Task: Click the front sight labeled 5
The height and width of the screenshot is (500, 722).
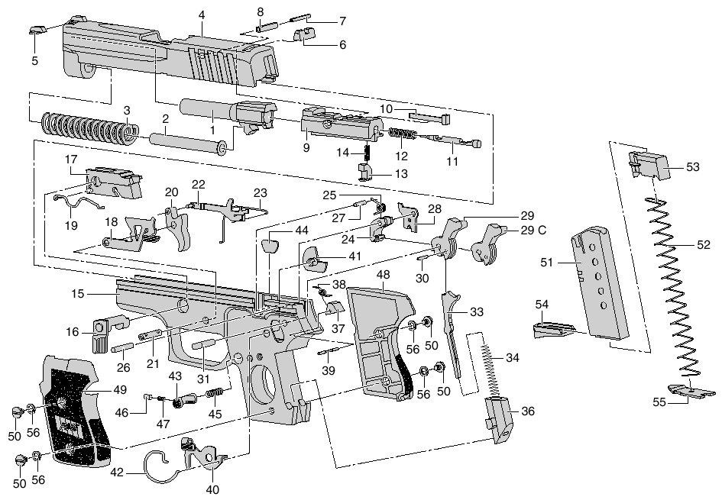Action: point(35,30)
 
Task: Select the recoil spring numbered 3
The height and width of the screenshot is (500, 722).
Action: point(89,127)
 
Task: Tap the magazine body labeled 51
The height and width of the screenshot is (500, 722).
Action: point(600,284)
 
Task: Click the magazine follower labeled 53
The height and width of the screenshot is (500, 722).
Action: point(649,166)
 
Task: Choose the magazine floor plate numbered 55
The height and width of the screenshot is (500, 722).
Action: point(691,392)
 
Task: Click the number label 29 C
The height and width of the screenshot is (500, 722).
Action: point(533,230)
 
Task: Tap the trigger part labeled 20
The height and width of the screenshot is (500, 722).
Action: point(178,228)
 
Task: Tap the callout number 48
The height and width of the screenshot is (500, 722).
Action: point(383,275)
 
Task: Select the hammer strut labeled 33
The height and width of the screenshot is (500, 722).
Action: point(452,334)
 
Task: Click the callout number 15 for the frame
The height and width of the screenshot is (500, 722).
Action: point(78,293)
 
